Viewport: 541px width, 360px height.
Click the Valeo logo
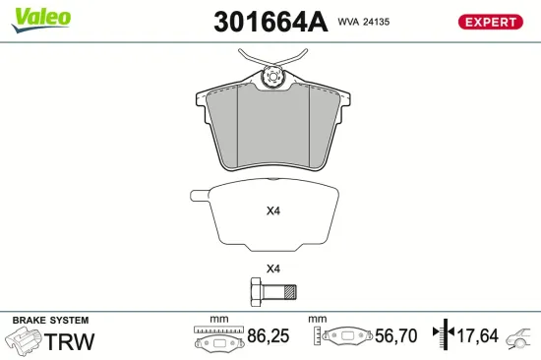point(40,17)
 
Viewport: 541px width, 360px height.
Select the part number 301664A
point(270,22)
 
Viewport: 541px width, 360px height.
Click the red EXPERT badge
point(489,22)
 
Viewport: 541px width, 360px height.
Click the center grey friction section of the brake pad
point(271,122)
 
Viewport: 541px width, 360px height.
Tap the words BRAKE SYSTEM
point(50,321)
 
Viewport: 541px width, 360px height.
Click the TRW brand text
point(71,341)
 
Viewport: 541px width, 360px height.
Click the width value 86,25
point(267,336)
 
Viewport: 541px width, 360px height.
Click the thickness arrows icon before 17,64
point(445,335)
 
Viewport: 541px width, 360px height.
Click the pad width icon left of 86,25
point(218,338)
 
